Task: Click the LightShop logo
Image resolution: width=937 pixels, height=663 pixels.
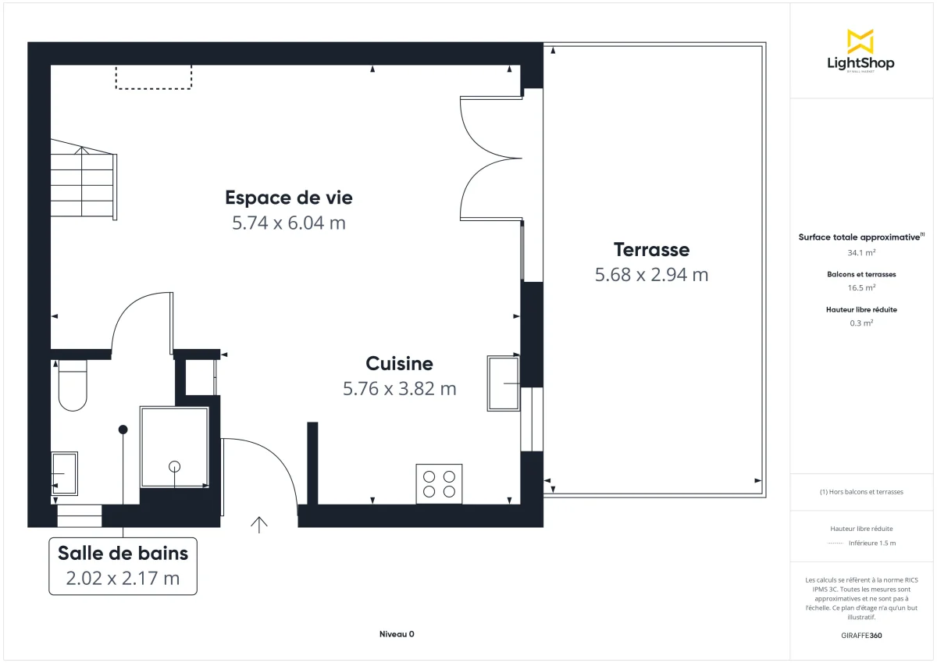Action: pos(860,52)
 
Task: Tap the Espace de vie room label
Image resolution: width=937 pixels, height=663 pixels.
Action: pos(289,198)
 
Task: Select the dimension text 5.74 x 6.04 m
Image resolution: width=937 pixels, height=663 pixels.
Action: pos(289,223)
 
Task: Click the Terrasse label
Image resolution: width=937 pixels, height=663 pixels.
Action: pos(651,250)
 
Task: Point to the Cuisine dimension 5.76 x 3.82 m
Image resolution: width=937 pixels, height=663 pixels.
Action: pos(399,388)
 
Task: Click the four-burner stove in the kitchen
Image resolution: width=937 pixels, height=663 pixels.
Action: pos(439,483)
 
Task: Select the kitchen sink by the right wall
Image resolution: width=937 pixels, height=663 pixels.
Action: pos(503,383)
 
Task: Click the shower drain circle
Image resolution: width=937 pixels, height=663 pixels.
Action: pos(174,466)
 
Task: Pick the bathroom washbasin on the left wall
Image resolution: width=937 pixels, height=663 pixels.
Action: pos(64,473)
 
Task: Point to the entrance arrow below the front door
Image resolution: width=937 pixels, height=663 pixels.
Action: pos(259,524)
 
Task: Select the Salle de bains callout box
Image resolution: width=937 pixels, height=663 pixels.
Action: pos(123,565)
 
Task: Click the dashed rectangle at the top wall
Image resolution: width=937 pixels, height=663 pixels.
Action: pos(154,77)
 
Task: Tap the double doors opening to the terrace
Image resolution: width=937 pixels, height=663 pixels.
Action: pos(490,157)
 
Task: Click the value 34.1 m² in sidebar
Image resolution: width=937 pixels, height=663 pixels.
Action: pos(861,253)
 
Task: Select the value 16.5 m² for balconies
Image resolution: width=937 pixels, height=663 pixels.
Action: pos(861,287)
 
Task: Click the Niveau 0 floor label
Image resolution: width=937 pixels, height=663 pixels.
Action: pos(397,634)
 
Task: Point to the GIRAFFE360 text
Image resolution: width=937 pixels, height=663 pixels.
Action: pos(861,636)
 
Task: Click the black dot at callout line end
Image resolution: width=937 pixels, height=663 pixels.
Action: pos(123,430)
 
